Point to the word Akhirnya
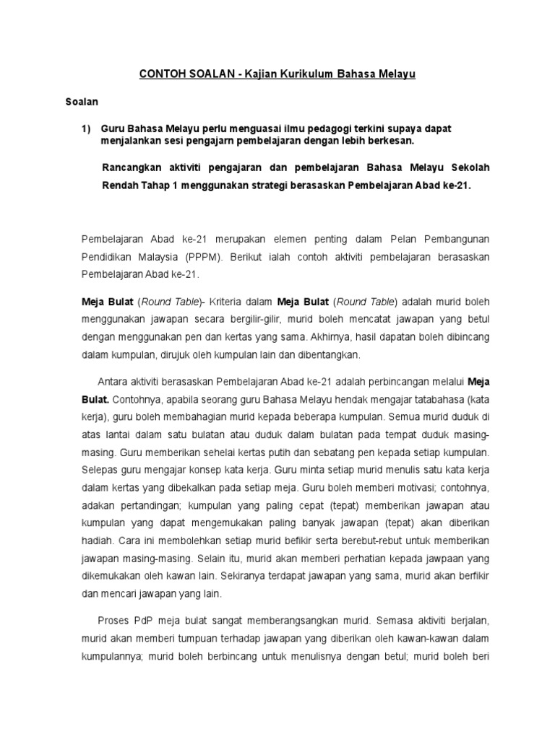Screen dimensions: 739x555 point(329,336)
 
